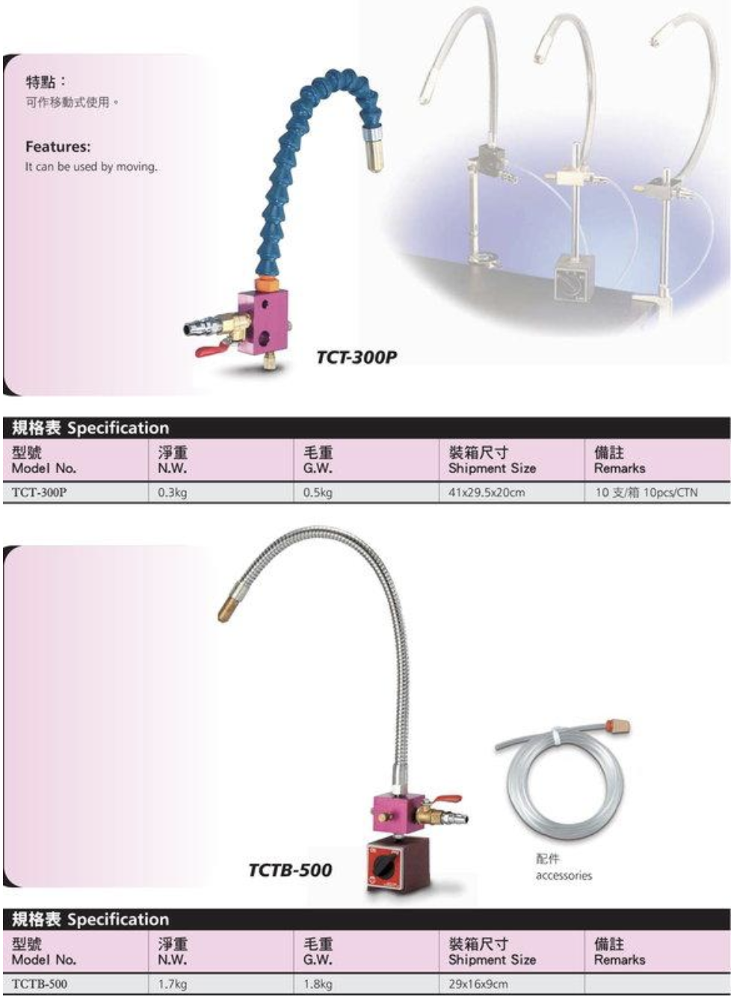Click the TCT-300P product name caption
point(356,357)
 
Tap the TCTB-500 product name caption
point(290,870)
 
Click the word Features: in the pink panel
point(58,146)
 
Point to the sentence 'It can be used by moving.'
point(91,167)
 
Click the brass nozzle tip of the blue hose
point(374,154)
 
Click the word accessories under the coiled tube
point(564,875)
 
